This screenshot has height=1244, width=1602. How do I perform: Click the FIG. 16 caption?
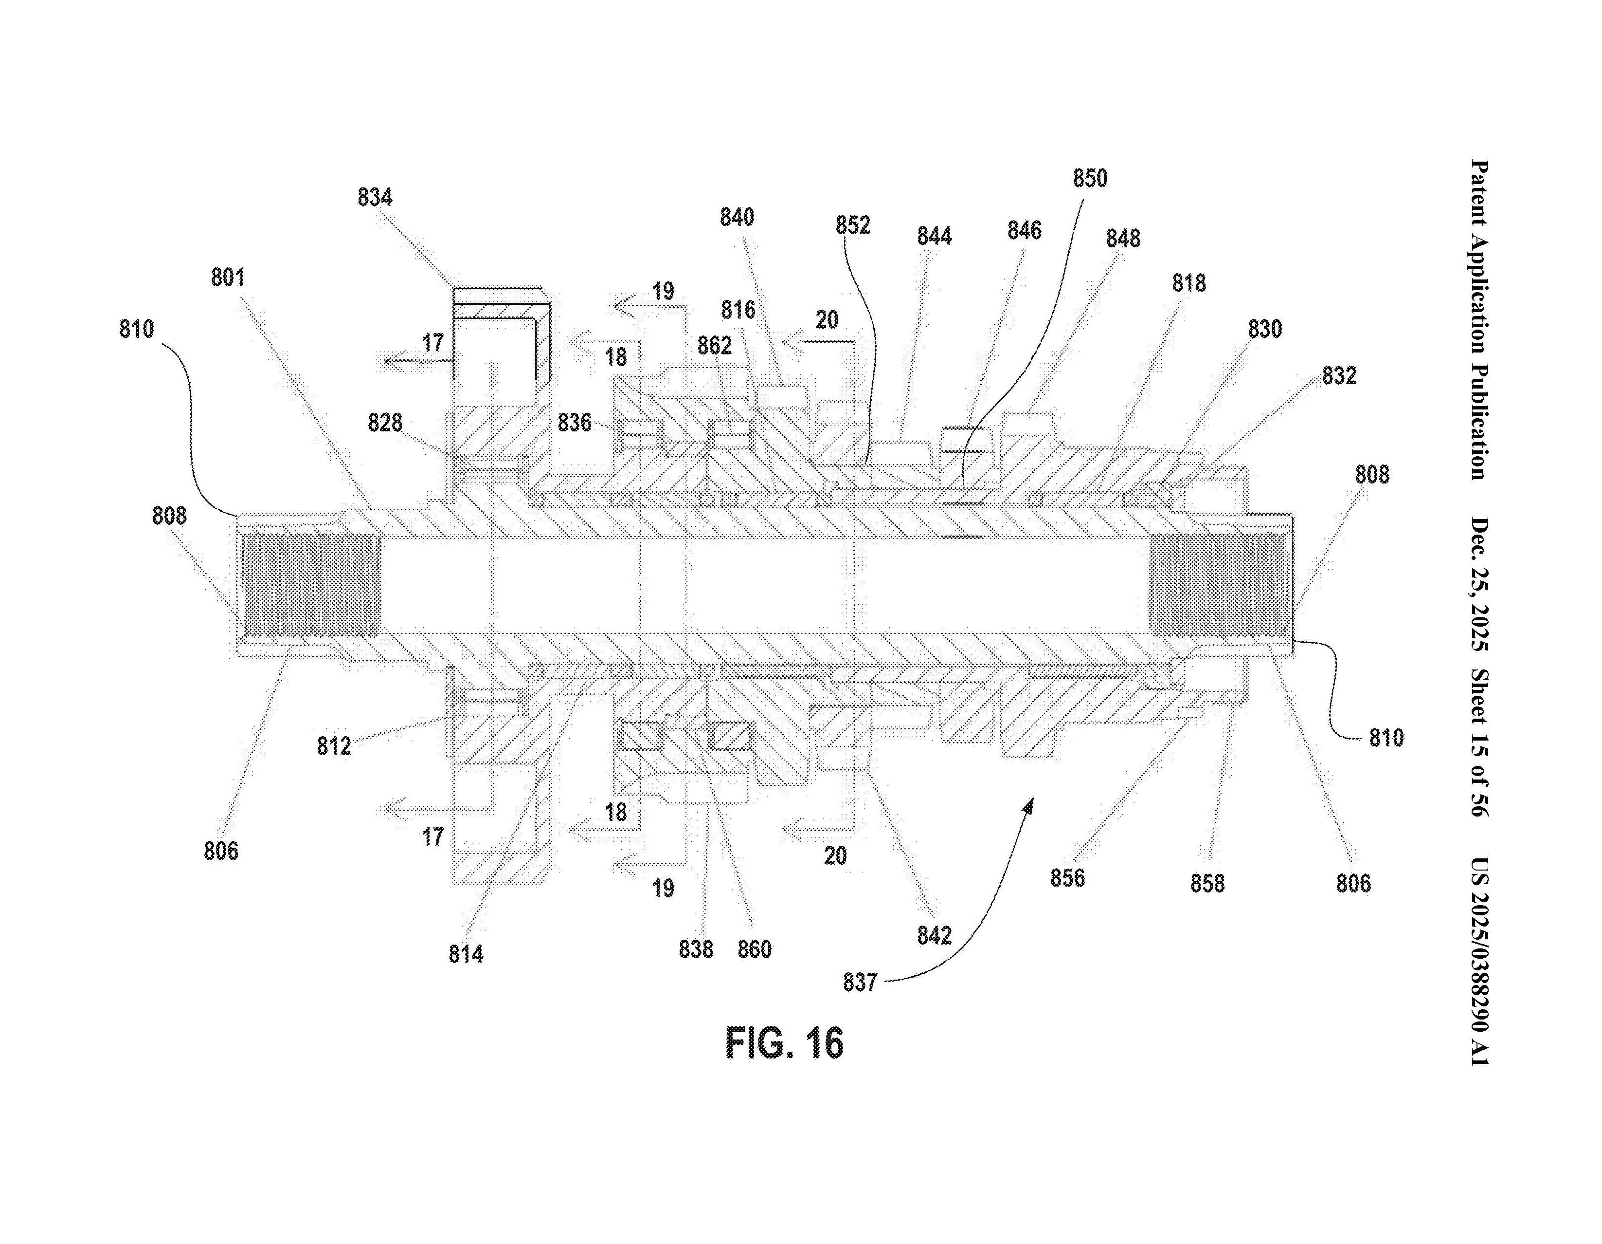[x=784, y=1043]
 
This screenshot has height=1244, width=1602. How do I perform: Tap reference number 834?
[x=375, y=197]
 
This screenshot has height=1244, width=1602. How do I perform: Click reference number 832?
[x=1339, y=376]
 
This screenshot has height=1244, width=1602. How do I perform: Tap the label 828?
[x=385, y=423]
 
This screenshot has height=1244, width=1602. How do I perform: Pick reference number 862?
[x=715, y=345]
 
